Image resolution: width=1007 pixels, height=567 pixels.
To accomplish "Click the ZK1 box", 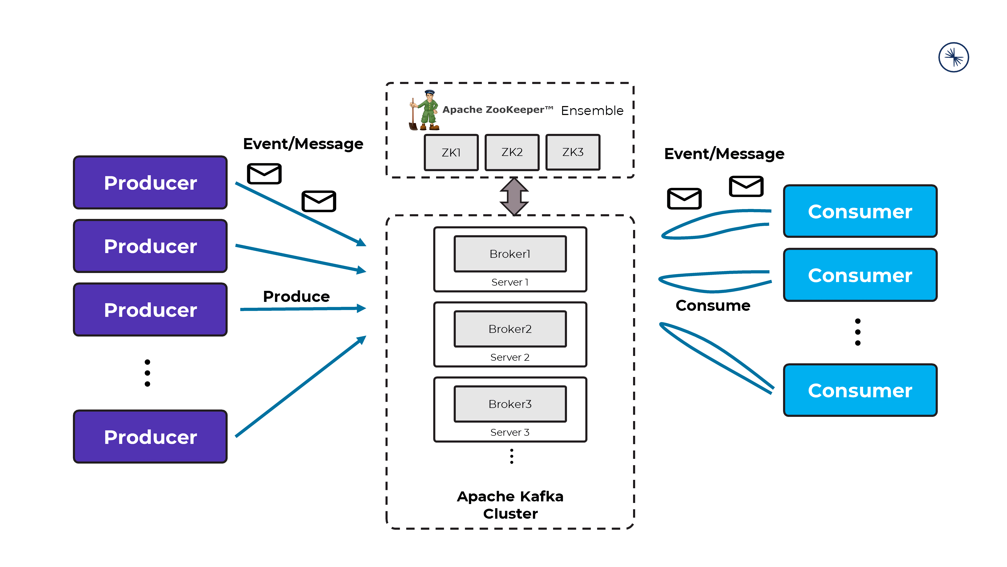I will (x=451, y=152).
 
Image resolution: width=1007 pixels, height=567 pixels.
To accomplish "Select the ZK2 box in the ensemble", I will (x=512, y=152).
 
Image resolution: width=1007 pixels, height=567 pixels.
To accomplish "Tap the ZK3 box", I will (x=573, y=152).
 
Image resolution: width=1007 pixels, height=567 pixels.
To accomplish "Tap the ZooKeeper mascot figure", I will (x=425, y=110).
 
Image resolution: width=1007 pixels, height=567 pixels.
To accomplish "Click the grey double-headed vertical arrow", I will (x=514, y=196).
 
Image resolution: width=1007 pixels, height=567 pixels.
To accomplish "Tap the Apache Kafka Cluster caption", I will (x=510, y=505).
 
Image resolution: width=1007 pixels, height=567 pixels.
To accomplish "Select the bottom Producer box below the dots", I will (x=150, y=437).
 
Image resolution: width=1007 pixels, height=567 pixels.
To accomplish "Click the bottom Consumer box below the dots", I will (x=860, y=390).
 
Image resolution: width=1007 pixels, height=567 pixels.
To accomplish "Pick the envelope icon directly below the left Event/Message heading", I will (x=264, y=174).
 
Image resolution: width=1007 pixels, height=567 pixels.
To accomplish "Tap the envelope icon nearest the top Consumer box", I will (x=746, y=186).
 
